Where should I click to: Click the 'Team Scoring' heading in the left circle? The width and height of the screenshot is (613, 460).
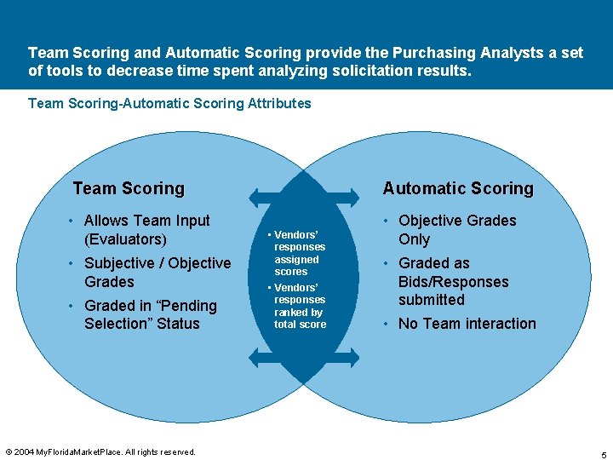pos(129,188)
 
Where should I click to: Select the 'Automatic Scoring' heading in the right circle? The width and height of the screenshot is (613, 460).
pos(458,188)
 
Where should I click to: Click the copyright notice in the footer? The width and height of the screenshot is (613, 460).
pos(100,451)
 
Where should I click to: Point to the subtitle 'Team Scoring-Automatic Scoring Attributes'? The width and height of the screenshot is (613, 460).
pos(169,103)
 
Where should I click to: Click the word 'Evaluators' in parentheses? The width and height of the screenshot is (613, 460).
pos(125,239)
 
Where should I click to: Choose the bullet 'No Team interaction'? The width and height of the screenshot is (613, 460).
pos(467,324)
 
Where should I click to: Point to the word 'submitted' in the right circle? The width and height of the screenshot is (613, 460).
pos(432,300)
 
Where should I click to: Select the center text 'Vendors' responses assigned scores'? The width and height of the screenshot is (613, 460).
pos(298,253)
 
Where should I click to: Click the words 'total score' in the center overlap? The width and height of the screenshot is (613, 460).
pos(300,325)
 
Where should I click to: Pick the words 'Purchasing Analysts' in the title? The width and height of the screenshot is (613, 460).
pos(440,53)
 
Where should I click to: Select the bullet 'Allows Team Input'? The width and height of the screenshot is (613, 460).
pos(146,221)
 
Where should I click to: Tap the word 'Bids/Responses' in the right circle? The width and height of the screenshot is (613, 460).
pos(453,282)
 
